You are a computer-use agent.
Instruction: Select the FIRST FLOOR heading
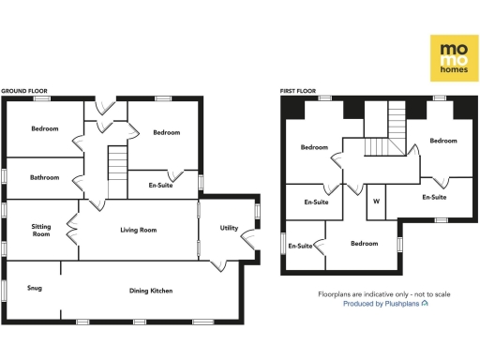pyautogui.click(x=298, y=91)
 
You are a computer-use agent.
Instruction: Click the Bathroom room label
pyautogui.click(x=44, y=177)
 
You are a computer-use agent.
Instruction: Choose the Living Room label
pyautogui.click(x=137, y=230)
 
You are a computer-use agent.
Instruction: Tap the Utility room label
pyautogui.click(x=229, y=228)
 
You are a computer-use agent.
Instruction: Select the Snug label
pyautogui.click(x=34, y=288)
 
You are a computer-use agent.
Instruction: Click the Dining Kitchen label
pyautogui.click(x=150, y=291)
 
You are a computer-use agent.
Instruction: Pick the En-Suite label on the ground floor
pyautogui.click(x=166, y=185)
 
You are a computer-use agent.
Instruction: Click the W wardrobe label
pyautogui.click(x=376, y=201)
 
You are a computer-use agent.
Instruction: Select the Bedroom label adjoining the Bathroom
pyautogui.click(x=44, y=128)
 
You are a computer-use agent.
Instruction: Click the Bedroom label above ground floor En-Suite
pyautogui.click(x=166, y=132)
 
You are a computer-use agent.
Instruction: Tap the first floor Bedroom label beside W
pyautogui.click(x=364, y=244)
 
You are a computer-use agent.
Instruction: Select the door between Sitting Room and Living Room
pyautogui.click(x=71, y=229)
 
